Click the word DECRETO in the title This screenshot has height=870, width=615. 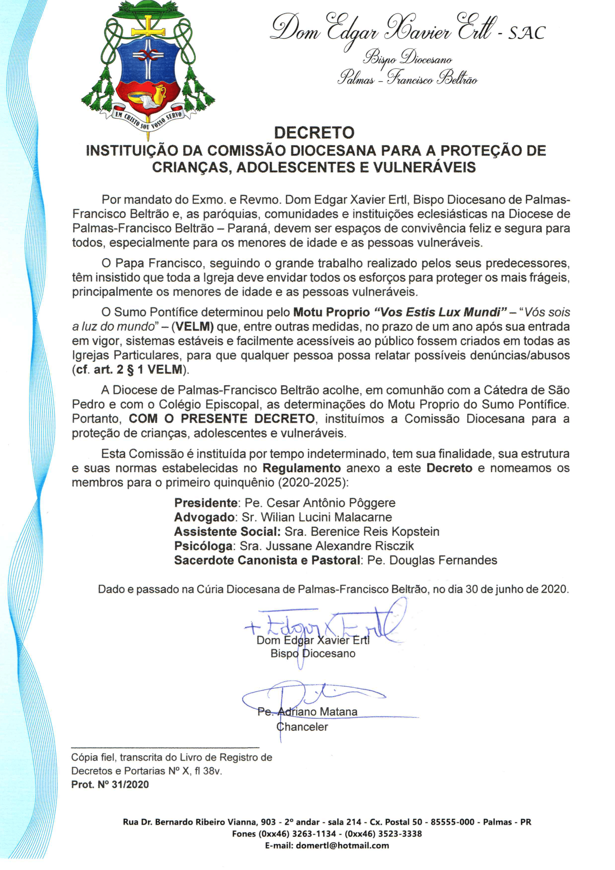point(314,133)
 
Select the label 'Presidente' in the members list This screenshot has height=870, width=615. point(206,503)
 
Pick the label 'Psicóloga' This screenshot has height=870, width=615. point(204,546)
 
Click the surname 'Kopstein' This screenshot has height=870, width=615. point(416,532)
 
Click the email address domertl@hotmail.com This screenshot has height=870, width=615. point(342,845)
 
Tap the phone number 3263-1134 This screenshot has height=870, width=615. point(314,834)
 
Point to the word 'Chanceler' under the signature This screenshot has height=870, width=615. point(302,727)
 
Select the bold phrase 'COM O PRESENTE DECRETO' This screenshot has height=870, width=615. point(221,419)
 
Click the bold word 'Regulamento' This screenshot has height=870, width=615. point(301,468)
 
